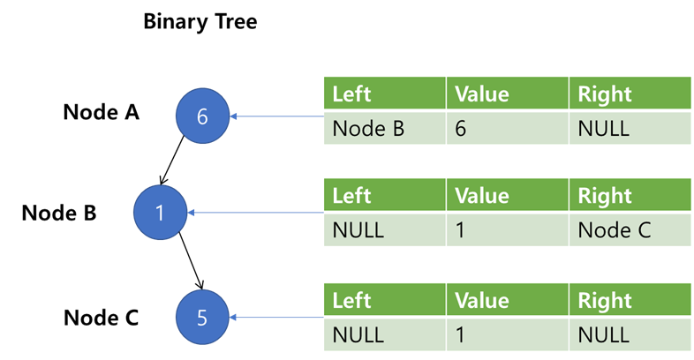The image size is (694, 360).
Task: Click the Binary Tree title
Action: pos(200,21)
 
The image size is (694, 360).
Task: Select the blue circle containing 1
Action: pos(160,212)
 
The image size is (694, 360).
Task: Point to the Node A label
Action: pos(102,112)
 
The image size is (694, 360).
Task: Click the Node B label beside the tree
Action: pos(59,213)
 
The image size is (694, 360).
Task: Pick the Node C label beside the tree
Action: pos(102,318)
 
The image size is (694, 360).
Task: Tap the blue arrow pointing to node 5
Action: pos(277,318)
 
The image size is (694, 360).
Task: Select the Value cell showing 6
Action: pos(508,128)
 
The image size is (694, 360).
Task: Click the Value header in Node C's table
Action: pos(508,301)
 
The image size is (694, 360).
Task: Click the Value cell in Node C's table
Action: pos(508,334)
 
